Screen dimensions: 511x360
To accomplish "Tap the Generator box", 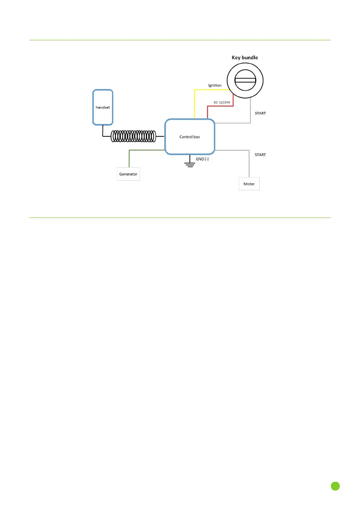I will tap(128, 174).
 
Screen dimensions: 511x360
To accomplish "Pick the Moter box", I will tap(249, 184).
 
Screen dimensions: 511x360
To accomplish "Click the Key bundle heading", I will tap(245, 57).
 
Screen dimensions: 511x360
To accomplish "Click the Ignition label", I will tap(215, 85).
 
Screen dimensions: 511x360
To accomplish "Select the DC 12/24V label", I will tap(222, 102).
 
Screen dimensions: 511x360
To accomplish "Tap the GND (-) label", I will tap(202, 159).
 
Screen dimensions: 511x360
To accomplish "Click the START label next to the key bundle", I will tap(260, 114).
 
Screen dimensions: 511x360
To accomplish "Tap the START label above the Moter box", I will tap(260, 154).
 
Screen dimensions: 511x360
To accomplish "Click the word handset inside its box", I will tap(103, 107).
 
